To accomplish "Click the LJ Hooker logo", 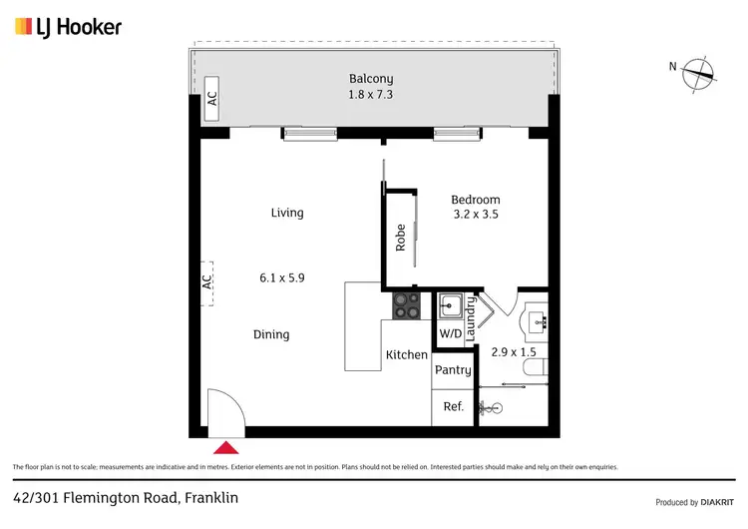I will (x=67, y=27).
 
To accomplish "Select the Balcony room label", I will (x=370, y=79).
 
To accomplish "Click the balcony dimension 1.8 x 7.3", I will (x=370, y=96).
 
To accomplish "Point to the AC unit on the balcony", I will (x=211, y=99).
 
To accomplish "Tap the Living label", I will (x=287, y=213).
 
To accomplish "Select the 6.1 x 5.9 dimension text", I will (x=281, y=278).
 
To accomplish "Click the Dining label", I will (x=271, y=334).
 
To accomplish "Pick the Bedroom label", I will (x=476, y=200).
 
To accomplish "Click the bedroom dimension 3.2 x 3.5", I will (x=476, y=215).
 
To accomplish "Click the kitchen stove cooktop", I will (x=406, y=304).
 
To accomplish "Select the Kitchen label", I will (x=407, y=354).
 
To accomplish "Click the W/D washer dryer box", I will (x=451, y=333).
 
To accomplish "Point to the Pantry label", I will (x=453, y=370).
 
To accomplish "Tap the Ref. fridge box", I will (x=453, y=406).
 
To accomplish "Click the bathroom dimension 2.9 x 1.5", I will (x=515, y=352).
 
